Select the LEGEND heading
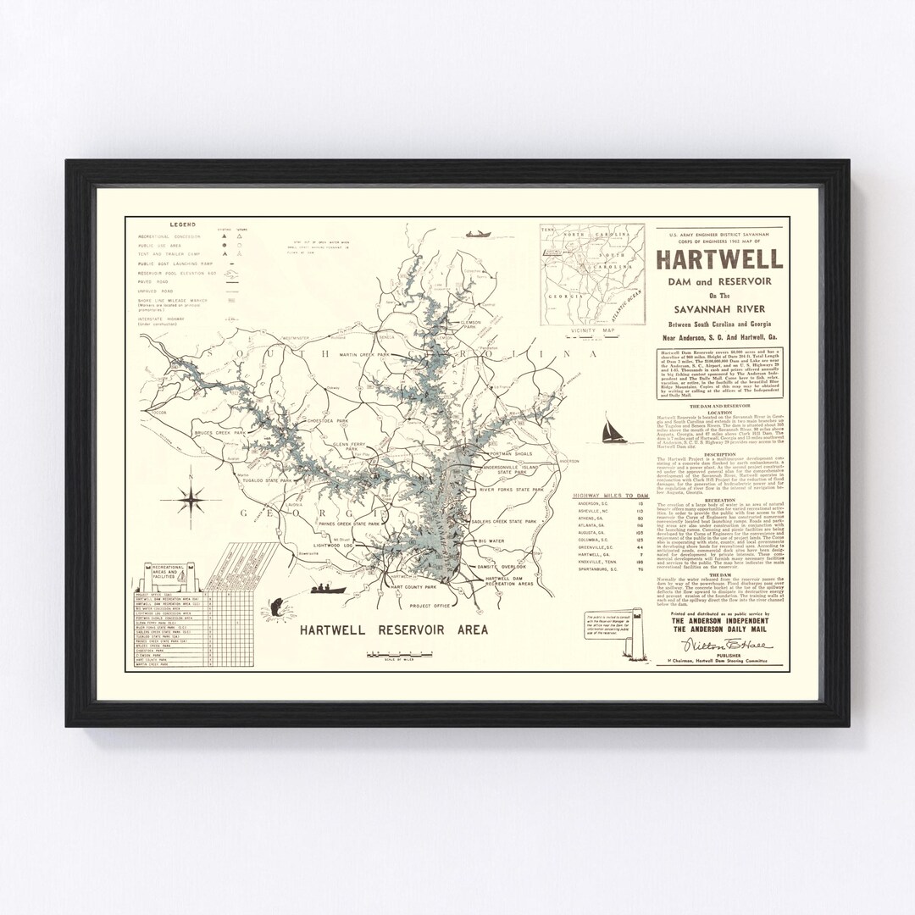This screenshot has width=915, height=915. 182,225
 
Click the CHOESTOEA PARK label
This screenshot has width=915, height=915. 326,420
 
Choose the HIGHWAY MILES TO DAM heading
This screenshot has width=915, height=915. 607,493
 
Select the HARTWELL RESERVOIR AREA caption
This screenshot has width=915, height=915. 392,630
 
